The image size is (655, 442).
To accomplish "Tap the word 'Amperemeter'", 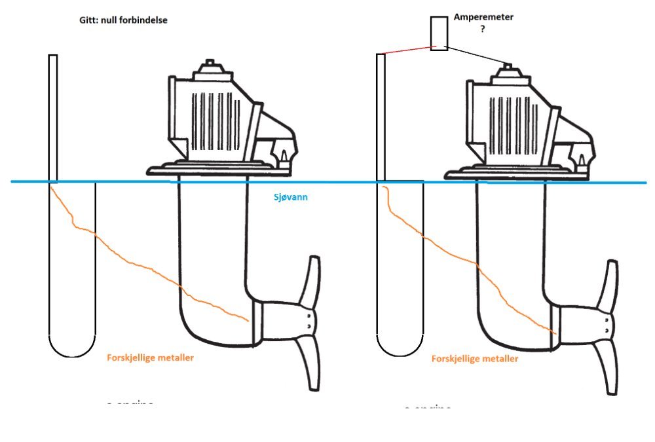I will coord(483,18).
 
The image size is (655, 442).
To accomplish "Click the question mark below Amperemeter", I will coord(483,30).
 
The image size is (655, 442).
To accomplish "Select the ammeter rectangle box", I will coord(439,33).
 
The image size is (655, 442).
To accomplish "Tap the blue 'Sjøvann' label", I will coord(290,196).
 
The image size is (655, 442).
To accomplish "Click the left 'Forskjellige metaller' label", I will coord(150,358).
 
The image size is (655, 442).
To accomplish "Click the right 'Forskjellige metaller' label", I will coord(475,359).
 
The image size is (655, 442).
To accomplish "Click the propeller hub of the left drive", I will coord(306,321).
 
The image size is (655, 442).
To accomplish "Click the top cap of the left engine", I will coord(210,66).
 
